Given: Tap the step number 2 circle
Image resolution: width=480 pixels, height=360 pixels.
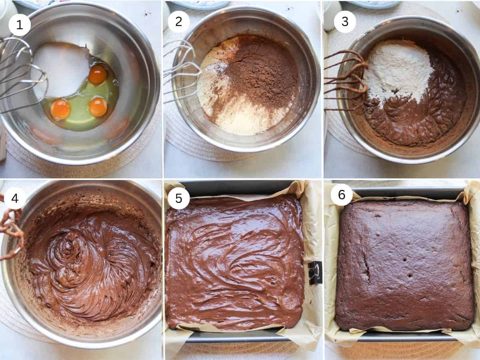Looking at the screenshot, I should point(178,22).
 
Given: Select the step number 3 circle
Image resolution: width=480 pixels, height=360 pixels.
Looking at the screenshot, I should point(344,22).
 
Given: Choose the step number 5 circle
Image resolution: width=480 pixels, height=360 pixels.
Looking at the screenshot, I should point(178,198).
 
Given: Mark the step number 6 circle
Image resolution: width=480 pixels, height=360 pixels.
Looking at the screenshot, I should point(342,195).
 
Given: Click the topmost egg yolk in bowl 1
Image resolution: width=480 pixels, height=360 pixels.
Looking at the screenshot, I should point(98,75).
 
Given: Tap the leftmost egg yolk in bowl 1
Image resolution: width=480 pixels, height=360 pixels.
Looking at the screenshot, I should point(60,109).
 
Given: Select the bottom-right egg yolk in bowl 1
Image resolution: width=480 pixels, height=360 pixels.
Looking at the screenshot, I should point(98,107).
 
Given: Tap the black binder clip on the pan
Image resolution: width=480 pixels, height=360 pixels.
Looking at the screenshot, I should point(315,272).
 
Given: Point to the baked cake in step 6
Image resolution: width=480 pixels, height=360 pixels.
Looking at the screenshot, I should point(404,266).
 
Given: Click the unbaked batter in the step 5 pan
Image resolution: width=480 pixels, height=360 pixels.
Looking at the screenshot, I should point(234,262).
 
